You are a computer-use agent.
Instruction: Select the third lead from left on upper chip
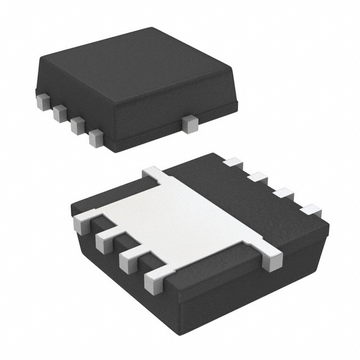[x=78, y=125]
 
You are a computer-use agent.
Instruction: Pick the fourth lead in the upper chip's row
[x=96, y=138]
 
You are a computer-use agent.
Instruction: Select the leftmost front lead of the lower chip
[x=82, y=224]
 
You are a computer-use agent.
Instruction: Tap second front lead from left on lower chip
[x=105, y=241]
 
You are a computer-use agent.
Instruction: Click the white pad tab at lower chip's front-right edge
[x=271, y=258]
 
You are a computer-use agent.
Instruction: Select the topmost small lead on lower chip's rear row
[x=232, y=163]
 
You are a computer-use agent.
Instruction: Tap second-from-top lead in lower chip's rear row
[x=257, y=178]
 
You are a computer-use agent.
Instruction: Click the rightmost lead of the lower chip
[x=310, y=211]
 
